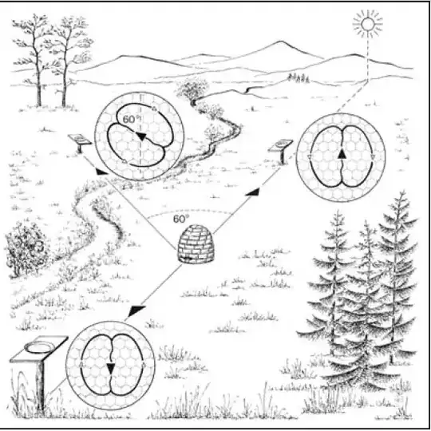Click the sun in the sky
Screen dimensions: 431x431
tap(368, 24)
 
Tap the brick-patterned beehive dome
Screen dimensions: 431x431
tap(196, 243)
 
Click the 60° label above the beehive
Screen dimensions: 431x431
tap(181, 219)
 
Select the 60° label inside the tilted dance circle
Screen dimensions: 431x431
tap(130, 120)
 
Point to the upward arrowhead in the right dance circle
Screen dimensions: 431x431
tap(342, 154)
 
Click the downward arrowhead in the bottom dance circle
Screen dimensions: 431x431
tap(110, 368)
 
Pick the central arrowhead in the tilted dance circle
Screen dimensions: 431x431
tap(140, 136)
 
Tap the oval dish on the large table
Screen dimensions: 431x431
tap(39, 346)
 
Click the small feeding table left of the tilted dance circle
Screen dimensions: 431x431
tap(80, 142)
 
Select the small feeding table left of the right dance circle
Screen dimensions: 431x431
tap(280, 150)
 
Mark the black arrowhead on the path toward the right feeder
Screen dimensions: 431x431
tap(252, 192)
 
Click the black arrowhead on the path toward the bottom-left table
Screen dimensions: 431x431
tap(136, 310)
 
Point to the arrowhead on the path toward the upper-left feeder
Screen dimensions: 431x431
tap(101, 172)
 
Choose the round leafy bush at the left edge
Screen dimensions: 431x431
tap(26, 249)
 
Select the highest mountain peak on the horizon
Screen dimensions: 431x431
tap(280, 42)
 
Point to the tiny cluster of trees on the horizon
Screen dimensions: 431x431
tap(299, 78)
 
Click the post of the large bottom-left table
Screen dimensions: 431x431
tap(40, 385)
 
